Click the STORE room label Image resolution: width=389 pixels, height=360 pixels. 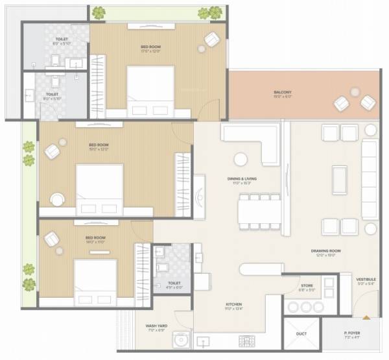[x=307, y=286]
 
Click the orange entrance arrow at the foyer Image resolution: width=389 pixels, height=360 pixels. [x=368, y=317]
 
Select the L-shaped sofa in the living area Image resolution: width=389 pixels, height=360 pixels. [x=253, y=139]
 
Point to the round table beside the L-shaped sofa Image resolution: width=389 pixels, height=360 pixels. [x=241, y=159]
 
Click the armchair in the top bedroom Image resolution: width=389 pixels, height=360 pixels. [x=212, y=40]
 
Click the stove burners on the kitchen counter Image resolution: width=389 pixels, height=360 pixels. [x=246, y=340]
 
